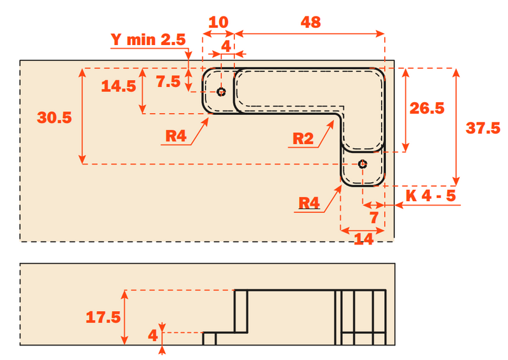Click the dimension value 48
tap(311, 22)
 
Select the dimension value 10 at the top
tap(218, 22)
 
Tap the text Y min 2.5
tap(148, 39)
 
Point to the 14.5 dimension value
tap(119, 86)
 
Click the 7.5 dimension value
tap(168, 81)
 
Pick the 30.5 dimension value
tap(54, 117)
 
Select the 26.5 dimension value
tap(427, 108)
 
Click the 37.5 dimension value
tap(483, 128)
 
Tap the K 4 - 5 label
tap(431, 196)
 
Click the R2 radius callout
tap(303, 138)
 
